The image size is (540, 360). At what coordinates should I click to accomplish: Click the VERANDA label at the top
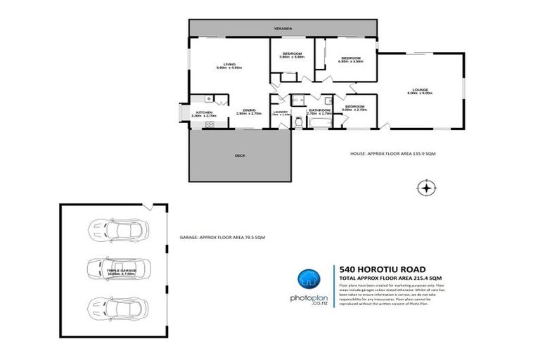click(283, 28)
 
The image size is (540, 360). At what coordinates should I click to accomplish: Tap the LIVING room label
click(229, 65)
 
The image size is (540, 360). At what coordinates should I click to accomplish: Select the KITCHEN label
click(205, 112)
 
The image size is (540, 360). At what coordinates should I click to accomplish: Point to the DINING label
click(249, 110)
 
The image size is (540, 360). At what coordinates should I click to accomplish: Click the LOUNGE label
click(420, 89)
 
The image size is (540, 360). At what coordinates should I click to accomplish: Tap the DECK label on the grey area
click(240, 155)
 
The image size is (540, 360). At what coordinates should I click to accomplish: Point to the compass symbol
click(425, 188)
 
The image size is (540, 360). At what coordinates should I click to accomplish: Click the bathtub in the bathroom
click(320, 122)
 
